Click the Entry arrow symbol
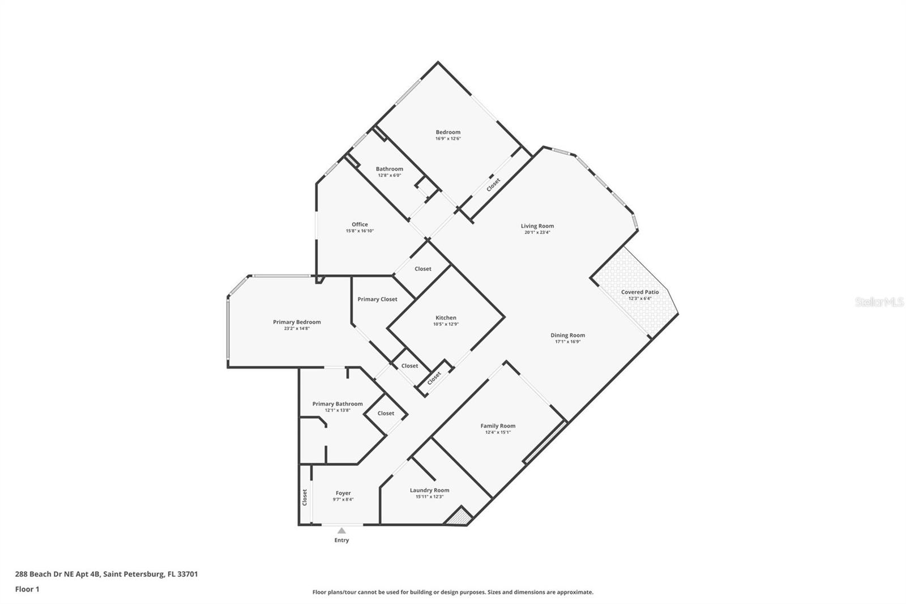click(x=341, y=531)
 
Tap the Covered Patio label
click(x=640, y=292)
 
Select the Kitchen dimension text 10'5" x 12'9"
click(x=446, y=324)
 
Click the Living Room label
click(x=537, y=226)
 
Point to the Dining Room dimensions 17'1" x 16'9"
click(x=567, y=342)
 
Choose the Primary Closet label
click(x=377, y=299)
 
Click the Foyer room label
click(x=343, y=493)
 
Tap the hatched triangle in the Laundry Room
click(x=459, y=517)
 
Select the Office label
click(x=360, y=224)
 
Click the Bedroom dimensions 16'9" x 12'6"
click(x=448, y=138)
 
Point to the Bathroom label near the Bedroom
click(x=390, y=169)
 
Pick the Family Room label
click(x=498, y=426)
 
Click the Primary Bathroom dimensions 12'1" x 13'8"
click(x=337, y=410)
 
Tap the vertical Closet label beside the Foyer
click(x=305, y=497)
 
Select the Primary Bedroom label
click(x=297, y=322)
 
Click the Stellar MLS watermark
click(x=879, y=303)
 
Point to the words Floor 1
click(x=27, y=589)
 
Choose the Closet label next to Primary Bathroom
click(x=386, y=413)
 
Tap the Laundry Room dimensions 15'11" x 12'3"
click(x=429, y=496)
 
